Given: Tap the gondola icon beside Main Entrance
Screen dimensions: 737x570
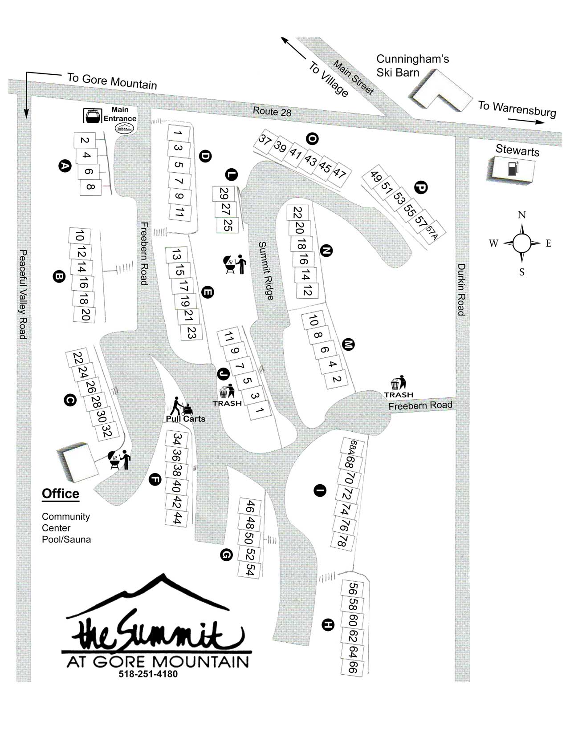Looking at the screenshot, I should (93, 116).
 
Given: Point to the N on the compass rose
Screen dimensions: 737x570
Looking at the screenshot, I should (521, 215).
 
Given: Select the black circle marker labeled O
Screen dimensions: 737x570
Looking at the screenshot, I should (313, 139).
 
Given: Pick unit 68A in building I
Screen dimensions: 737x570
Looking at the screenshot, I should (352, 446).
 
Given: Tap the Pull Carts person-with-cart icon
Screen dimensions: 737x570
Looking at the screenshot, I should (181, 405).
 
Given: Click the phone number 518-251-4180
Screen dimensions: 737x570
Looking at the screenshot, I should (148, 674).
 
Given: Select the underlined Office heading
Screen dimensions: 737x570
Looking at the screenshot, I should (61, 494).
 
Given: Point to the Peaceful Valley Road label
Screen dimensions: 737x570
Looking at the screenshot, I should (23, 294).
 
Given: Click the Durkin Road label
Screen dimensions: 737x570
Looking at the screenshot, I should (461, 289).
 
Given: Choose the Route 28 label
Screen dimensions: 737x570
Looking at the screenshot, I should (272, 111).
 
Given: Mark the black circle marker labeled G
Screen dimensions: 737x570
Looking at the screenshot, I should (227, 555).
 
